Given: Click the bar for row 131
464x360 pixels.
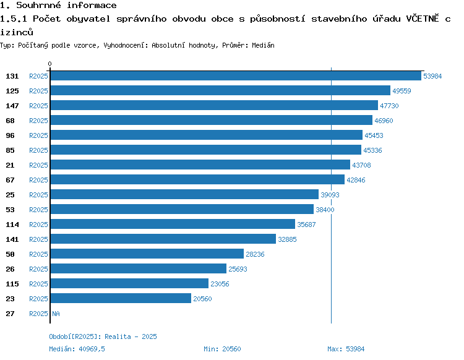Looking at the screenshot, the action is coord(236,75).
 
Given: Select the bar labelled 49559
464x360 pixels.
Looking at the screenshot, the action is coord(220,90).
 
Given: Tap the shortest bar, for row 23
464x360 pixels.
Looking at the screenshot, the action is coord(121,298).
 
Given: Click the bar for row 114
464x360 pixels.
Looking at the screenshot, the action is coord(173,224).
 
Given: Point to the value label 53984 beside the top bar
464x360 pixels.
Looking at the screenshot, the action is coord(432,76).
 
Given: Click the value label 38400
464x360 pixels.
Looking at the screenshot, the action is coord(325,210).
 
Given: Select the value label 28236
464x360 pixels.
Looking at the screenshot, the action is coord(255,254).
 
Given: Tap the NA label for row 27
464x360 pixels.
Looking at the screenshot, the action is coord(56,314).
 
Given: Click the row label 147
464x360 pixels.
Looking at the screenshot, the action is coord(12,106).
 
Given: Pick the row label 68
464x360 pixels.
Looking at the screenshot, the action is coord(10,121).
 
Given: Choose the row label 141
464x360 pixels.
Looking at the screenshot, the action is coord(12,239).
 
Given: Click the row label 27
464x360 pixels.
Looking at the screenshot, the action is coord(10,314).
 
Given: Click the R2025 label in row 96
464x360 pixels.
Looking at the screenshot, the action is coord(38,135).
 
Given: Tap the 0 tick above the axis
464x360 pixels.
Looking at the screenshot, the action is coord(49,64).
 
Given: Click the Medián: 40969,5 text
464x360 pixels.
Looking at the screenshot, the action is coord(77,349).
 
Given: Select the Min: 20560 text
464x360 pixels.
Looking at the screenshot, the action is coord(222,349).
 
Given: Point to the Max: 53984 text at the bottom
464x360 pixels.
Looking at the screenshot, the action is coord(346,349).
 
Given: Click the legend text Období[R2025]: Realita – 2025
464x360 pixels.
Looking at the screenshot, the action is coord(103,336).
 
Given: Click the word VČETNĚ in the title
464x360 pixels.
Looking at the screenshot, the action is coord(423,19).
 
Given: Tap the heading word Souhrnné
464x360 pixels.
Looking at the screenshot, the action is coord(38,5).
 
